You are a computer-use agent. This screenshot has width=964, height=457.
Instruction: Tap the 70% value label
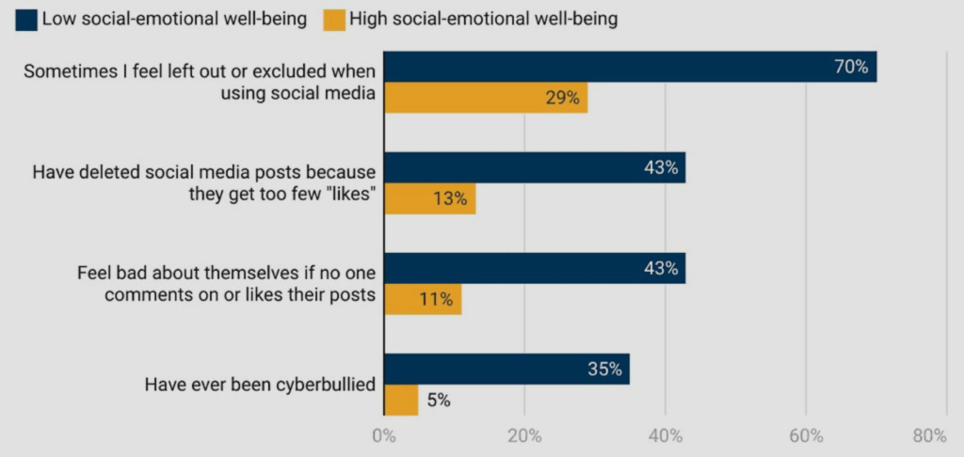click(850, 67)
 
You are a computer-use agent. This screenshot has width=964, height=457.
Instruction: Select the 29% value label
click(562, 98)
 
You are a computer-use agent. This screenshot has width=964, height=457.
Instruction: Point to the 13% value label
click(450, 198)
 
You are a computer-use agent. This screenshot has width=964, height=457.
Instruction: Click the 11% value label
click(436, 300)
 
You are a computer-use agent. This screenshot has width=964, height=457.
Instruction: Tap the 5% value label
click(439, 400)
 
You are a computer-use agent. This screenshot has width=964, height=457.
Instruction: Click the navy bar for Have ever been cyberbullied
click(506, 370)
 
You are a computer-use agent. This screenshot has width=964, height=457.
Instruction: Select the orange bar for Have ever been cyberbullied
click(401, 400)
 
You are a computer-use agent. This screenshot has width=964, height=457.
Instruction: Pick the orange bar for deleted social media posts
click(429, 198)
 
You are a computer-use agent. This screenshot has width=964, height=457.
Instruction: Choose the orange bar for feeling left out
click(486, 98)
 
